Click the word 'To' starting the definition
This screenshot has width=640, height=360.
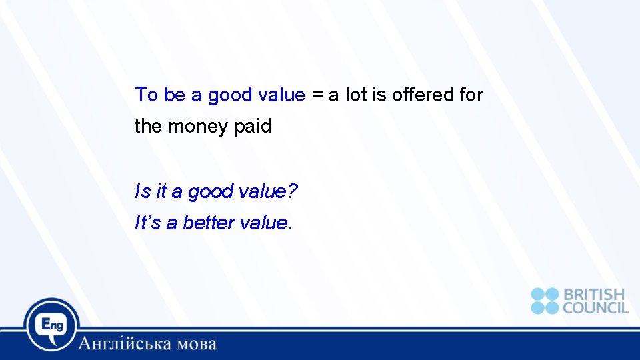(147, 95)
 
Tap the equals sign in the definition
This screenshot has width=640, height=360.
(316, 95)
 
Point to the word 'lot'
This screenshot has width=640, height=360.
(357, 95)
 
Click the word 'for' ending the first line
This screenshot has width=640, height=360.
(471, 95)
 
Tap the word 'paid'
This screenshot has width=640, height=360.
(253, 126)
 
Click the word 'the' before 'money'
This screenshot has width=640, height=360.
(148, 126)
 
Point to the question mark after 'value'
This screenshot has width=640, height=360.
(293, 192)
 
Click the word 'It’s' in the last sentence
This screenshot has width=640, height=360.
(148, 223)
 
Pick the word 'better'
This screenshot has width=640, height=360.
(207, 223)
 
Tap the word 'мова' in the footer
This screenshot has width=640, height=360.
(193, 344)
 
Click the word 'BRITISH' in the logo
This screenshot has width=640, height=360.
(594, 295)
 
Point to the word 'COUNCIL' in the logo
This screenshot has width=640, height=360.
(595, 307)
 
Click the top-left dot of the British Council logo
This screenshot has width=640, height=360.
(538, 295)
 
